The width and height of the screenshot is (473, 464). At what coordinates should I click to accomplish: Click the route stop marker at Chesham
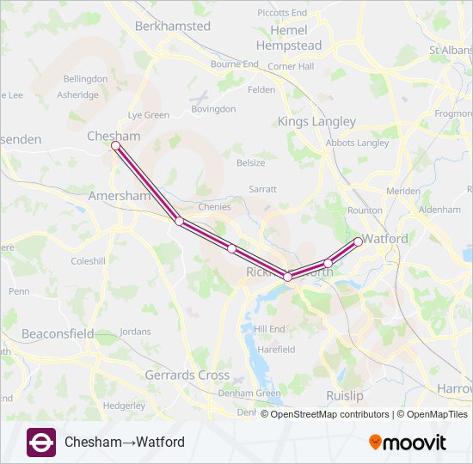(115, 146)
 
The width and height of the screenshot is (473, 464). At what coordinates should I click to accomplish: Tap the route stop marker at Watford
(359, 241)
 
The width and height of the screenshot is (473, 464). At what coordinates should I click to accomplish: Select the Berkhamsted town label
(172, 26)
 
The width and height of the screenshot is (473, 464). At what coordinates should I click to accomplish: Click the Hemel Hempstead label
(288, 38)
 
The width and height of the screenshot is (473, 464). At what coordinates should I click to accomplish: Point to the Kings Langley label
(316, 122)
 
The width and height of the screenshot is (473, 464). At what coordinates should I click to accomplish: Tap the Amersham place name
(120, 197)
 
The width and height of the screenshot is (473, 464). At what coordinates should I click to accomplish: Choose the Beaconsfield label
(58, 333)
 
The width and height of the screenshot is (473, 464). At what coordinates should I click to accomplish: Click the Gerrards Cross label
(187, 375)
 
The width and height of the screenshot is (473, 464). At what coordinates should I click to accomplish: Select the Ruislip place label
(344, 395)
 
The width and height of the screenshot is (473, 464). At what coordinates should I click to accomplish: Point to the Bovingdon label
(213, 109)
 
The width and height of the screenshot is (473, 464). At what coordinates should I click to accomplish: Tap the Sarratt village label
(262, 188)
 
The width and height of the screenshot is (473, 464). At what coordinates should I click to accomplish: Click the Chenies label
(214, 207)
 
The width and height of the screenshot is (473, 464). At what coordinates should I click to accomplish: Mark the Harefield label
(275, 350)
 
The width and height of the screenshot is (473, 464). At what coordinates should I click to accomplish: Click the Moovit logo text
(408, 443)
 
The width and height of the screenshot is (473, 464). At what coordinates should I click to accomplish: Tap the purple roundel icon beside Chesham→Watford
(40, 442)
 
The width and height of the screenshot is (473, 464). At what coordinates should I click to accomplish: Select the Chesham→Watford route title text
(125, 443)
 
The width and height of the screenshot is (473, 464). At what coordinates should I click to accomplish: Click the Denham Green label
(255, 393)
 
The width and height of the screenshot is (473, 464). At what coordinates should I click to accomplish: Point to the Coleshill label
(87, 260)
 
